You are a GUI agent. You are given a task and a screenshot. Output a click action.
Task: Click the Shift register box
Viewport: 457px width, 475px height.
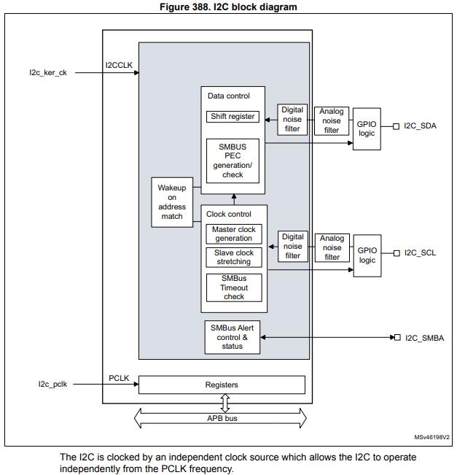233,117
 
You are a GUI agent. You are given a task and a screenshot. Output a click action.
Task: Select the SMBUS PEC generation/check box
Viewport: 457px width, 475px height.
233,161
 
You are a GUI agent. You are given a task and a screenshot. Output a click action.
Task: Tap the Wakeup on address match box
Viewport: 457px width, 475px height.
172,202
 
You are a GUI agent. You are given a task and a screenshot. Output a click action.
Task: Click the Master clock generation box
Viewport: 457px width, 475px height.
233,233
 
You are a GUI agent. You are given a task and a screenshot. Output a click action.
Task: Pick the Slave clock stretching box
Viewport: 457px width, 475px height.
233,257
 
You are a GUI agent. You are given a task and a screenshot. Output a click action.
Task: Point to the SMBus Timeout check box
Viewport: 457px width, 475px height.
233,287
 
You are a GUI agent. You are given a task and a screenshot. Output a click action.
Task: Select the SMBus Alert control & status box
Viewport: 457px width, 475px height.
233,337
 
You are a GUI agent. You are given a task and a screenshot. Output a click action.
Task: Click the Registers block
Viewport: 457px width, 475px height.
222,385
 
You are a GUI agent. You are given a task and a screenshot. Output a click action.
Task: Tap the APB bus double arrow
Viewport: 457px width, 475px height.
222,418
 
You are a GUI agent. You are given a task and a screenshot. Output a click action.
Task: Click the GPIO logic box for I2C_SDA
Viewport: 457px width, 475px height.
367,130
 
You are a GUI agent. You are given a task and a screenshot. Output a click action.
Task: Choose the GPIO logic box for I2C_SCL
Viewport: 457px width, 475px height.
367,255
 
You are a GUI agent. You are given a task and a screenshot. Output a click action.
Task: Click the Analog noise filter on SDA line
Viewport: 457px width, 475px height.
332,121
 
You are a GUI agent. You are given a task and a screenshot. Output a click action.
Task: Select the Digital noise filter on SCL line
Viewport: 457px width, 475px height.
292,246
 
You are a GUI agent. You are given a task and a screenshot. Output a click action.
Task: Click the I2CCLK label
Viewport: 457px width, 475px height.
118,66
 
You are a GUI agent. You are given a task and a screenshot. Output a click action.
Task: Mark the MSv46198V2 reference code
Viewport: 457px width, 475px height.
431,438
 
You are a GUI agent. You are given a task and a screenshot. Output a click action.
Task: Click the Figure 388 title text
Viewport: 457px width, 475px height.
228,7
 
